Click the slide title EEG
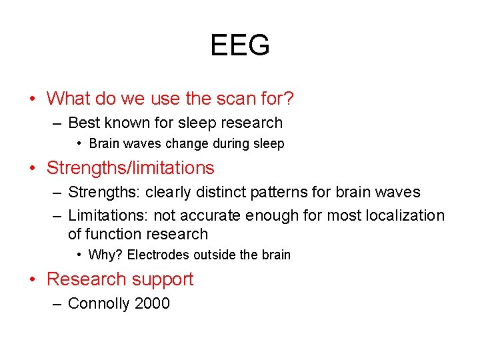(240, 45)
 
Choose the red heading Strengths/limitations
(130, 168)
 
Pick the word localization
(405, 215)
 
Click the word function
(116, 234)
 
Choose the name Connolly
(99, 303)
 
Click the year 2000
(152, 303)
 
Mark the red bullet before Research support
(34, 279)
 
